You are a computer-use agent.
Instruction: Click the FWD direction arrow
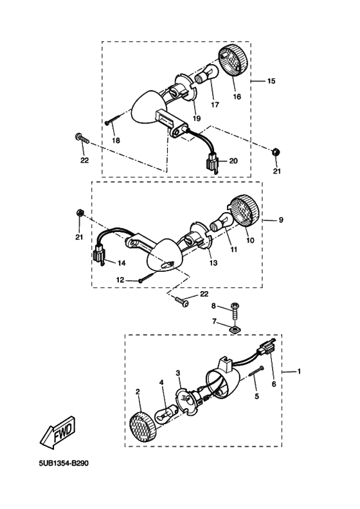coord(59,433)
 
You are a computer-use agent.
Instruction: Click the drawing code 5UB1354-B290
coord(64,463)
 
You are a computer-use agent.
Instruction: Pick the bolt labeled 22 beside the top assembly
coord(82,139)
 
